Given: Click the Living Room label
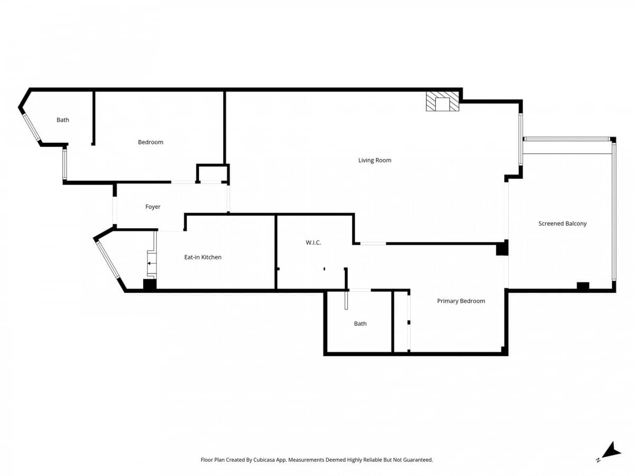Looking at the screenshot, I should tap(375, 160).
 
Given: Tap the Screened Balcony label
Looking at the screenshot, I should tap(562, 224).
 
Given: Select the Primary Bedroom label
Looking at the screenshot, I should tap(461, 301).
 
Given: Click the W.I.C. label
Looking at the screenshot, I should tap(313, 243).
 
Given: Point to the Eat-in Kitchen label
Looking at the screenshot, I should tap(202, 257).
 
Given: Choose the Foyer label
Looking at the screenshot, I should tap(153, 207).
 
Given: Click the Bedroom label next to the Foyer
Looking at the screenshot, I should tap(151, 142).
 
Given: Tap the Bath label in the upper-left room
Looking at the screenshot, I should tap(63, 120).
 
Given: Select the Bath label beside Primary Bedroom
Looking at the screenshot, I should tap(360, 324).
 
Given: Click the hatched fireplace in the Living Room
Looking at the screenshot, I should tap(442, 102).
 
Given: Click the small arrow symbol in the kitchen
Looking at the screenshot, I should tap(151, 263).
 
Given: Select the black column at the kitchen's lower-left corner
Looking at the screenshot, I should tap(150, 285).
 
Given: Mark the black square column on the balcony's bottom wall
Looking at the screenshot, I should tap(583, 286).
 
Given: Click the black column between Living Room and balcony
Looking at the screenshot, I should tap(502, 248).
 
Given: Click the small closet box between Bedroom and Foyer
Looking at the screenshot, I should tap(213, 173).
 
